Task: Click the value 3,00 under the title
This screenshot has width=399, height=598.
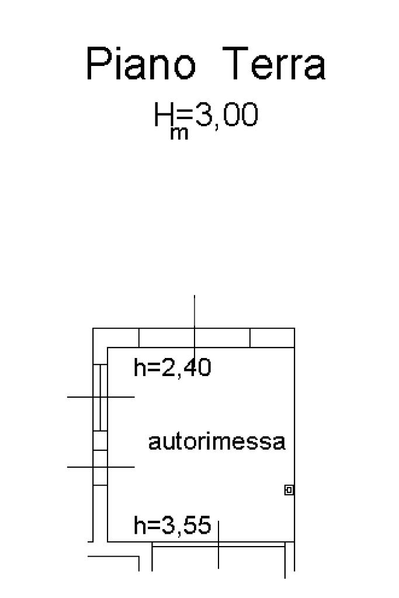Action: (225, 116)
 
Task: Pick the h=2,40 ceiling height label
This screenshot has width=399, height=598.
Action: (172, 368)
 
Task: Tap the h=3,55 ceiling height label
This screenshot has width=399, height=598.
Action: (172, 526)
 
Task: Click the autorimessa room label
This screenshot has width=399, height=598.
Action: (217, 442)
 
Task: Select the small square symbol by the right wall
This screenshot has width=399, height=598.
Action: (289, 490)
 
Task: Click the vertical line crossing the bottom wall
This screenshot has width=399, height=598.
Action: (218, 555)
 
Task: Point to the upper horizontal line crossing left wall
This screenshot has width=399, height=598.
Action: (82, 397)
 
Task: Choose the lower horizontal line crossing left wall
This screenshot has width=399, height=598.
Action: (82, 467)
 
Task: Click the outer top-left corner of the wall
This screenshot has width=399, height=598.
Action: (94, 329)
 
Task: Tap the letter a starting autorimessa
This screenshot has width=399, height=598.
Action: (154, 443)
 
